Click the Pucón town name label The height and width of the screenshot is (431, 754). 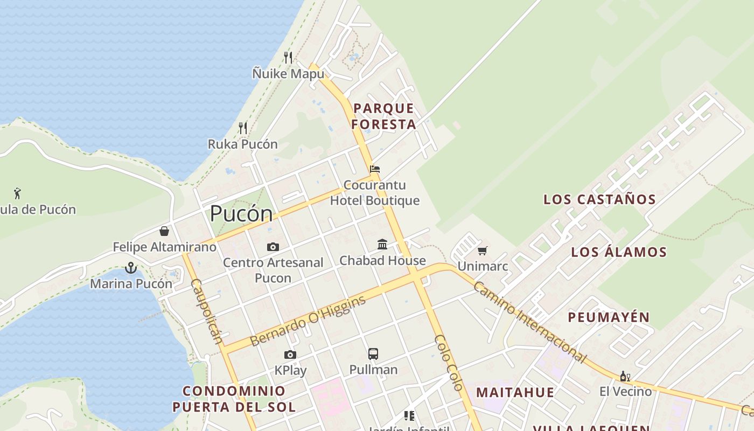pos(241,214)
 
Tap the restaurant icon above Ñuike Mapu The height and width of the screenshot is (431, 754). pos(288,57)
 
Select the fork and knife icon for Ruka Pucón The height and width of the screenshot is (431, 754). pos(243,128)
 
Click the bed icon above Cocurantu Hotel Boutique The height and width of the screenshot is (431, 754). pos(375,169)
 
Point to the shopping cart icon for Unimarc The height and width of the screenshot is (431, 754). pos(483,251)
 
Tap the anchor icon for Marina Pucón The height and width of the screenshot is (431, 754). pos(130,267)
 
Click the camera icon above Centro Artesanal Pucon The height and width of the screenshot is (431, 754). pos(273,247)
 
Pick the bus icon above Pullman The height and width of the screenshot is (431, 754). pos(373,354)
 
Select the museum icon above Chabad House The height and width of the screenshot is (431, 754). pos(382,245)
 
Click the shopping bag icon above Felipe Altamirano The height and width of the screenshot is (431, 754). pos(164,231)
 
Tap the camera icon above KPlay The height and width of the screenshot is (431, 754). pos(290,354)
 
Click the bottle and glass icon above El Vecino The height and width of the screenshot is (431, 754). pos(625,376)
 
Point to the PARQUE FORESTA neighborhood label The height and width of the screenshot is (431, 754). pos(384,116)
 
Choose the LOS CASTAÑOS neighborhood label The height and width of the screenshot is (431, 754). pos(599,199)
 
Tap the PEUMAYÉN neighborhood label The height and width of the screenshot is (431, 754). pos(609,317)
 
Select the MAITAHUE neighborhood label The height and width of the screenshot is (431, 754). pos(515,392)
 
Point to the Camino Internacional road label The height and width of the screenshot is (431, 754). pos(529,322)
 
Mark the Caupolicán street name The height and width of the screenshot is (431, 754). pos(206,311)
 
